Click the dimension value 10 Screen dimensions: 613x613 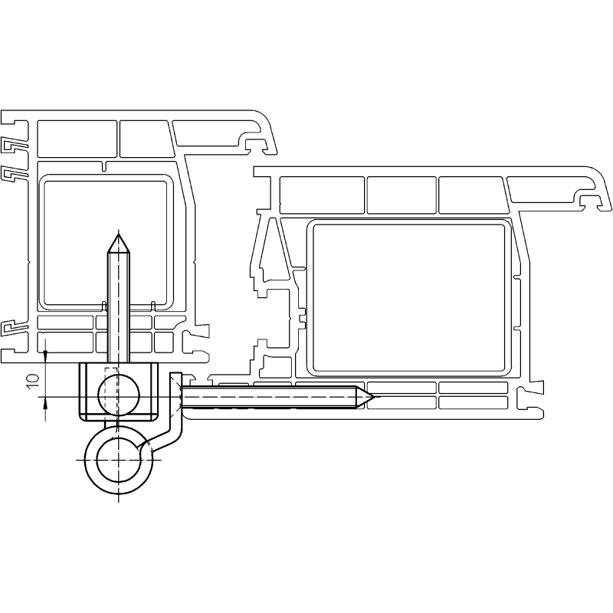tap(34, 380)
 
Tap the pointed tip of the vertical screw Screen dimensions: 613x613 tap(119, 234)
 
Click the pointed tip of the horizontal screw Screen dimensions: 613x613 tap(375, 397)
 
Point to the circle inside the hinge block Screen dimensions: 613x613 tap(119, 395)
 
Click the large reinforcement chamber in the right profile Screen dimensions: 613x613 tap(408, 297)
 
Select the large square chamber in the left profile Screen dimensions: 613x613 tap(106, 242)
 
